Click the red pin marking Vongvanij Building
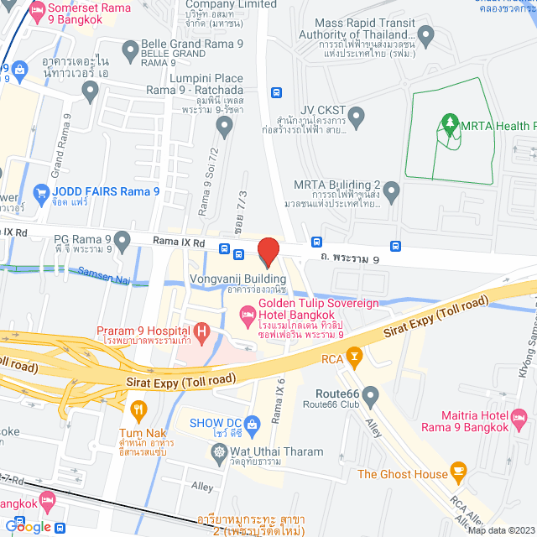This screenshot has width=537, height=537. [x=268, y=252]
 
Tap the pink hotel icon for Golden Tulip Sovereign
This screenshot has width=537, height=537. [x=248, y=316]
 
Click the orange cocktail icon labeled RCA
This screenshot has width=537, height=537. [x=354, y=357]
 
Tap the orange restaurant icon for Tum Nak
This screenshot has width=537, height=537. [x=139, y=410]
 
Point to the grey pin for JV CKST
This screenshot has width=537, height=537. [x=356, y=114]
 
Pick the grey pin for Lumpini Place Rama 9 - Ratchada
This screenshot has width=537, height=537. [x=223, y=127]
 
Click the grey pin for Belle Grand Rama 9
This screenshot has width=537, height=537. [x=129, y=52]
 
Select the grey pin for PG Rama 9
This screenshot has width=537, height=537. [x=123, y=242]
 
